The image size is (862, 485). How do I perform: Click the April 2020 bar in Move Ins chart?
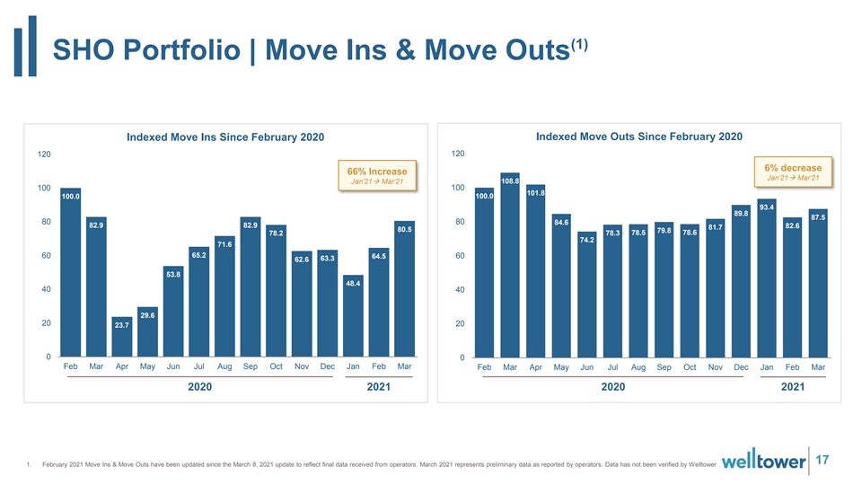(121, 337)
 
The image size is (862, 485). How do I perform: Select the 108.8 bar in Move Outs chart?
(510, 265)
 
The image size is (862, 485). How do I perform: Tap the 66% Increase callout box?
(377, 175)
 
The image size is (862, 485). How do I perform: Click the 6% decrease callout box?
(793, 172)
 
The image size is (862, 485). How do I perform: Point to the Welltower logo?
(763, 460)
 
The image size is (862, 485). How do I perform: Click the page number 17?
(822, 460)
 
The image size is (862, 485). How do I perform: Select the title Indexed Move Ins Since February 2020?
(225, 137)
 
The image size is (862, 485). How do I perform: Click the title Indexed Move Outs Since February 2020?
(638, 137)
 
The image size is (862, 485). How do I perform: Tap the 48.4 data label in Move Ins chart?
(353, 283)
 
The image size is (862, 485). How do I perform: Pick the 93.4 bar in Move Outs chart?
(766, 278)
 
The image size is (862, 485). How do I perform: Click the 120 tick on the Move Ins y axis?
(44, 154)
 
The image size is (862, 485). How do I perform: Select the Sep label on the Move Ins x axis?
(251, 366)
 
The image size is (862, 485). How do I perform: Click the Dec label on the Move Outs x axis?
(741, 366)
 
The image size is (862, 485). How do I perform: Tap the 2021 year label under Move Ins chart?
(379, 386)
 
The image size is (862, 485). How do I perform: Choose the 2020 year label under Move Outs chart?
(613, 386)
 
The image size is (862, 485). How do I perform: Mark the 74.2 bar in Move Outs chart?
(586, 295)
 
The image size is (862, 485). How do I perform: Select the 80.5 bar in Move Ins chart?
(404, 288)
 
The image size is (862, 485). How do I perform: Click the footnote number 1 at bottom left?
(29, 464)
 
